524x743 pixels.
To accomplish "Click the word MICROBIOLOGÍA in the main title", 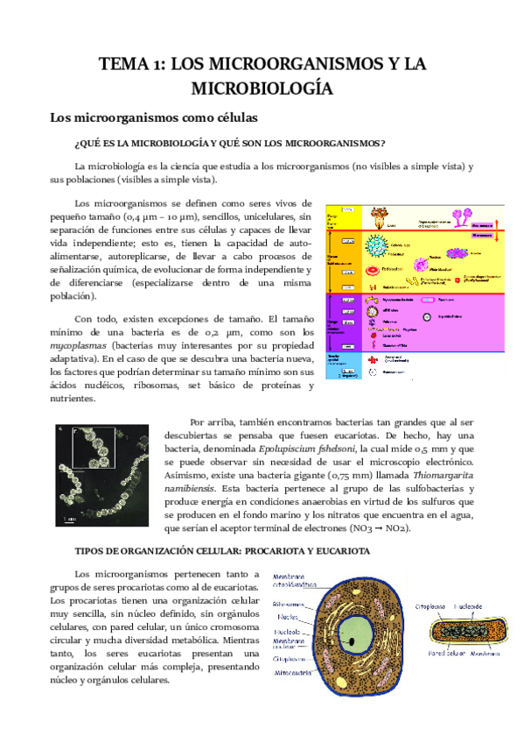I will [262, 88].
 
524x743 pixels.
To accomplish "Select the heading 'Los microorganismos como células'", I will [152, 117].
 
